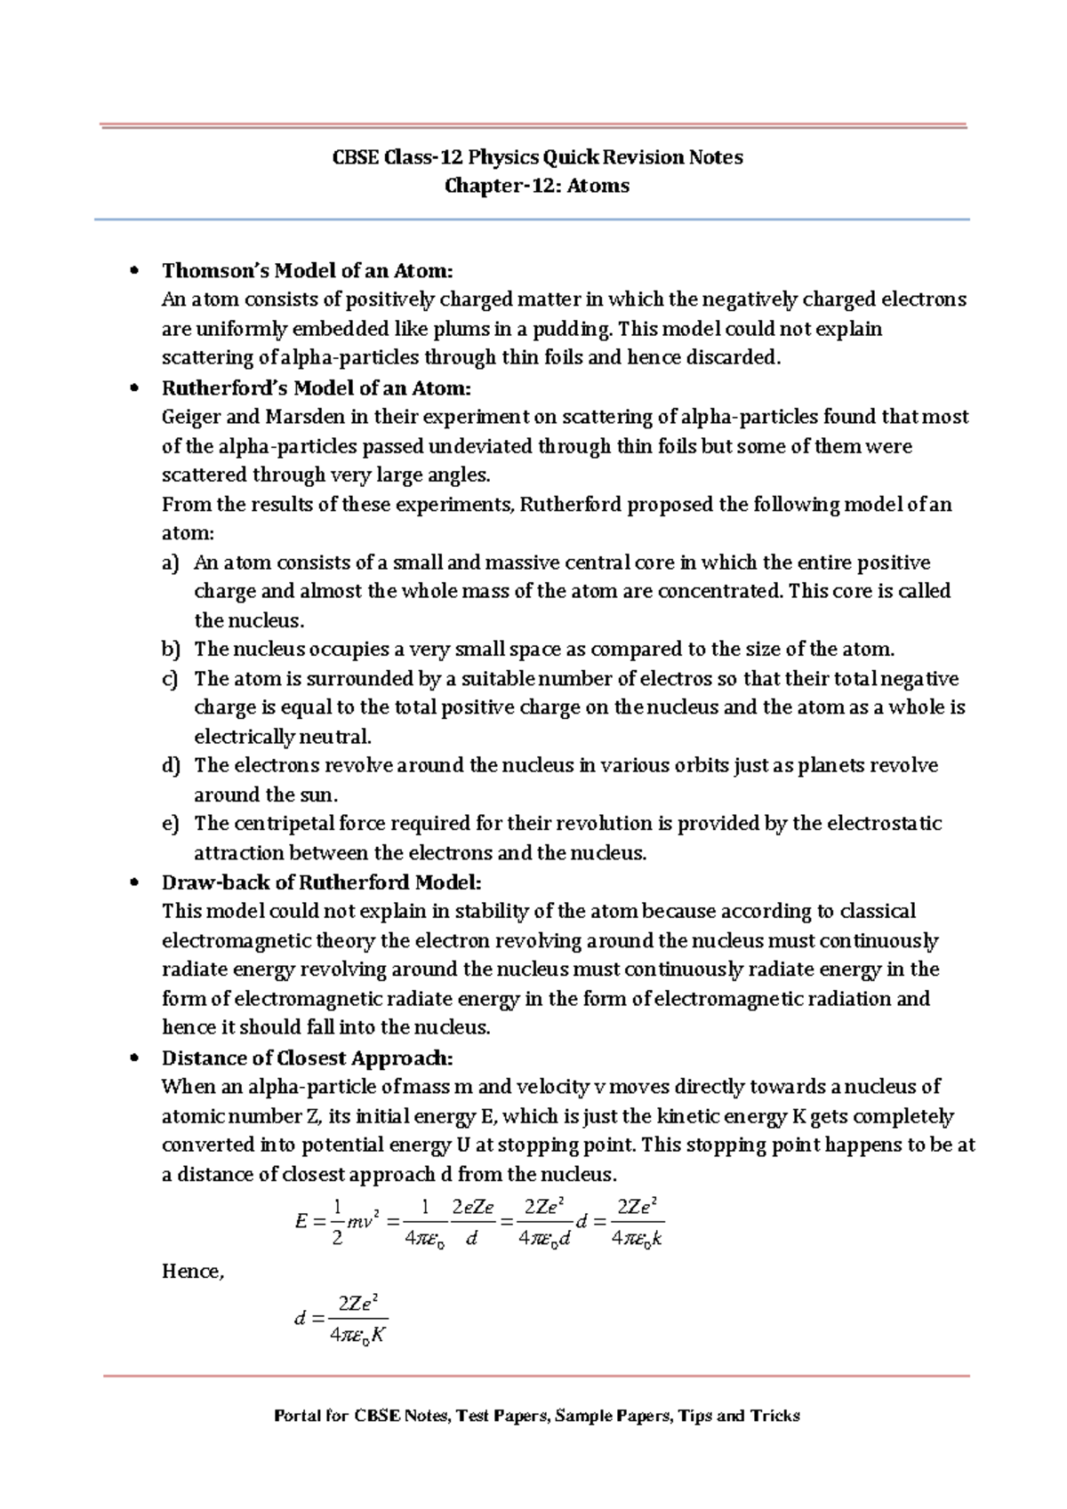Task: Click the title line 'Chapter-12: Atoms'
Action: (536, 186)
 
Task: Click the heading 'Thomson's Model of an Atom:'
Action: (307, 270)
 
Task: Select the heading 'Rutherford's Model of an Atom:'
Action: (316, 388)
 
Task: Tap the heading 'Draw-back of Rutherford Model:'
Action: (321, 882)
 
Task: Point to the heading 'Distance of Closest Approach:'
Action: (307, 1058)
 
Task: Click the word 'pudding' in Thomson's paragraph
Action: (572, 329)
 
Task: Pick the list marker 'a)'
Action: (171, 563)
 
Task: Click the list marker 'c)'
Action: (171, 679)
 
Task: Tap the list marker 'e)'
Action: (171, 824)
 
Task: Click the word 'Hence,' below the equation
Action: (192, 1272)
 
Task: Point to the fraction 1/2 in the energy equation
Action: (337, 1222)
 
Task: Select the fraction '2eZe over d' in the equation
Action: (472, 1222)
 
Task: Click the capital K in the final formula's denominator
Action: (378, 1335)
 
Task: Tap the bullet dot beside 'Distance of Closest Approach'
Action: (134, 1058)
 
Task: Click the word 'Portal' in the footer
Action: (297, 1416)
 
